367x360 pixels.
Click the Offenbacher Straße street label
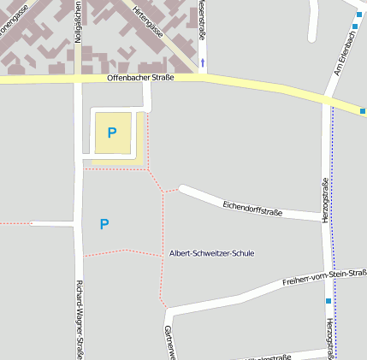(140, 78)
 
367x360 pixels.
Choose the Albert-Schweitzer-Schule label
(211, 253)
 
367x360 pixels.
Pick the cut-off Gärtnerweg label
(169, 343)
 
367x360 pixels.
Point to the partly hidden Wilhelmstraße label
(269, 356)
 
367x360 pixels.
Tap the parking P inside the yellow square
(111, 133)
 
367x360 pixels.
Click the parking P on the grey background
(104, 224)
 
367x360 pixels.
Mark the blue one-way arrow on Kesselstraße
(203, 62)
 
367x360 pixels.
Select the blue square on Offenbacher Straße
(363, 111)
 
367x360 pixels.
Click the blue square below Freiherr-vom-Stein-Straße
(328, 301)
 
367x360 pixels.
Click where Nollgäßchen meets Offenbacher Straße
(78, 79)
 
